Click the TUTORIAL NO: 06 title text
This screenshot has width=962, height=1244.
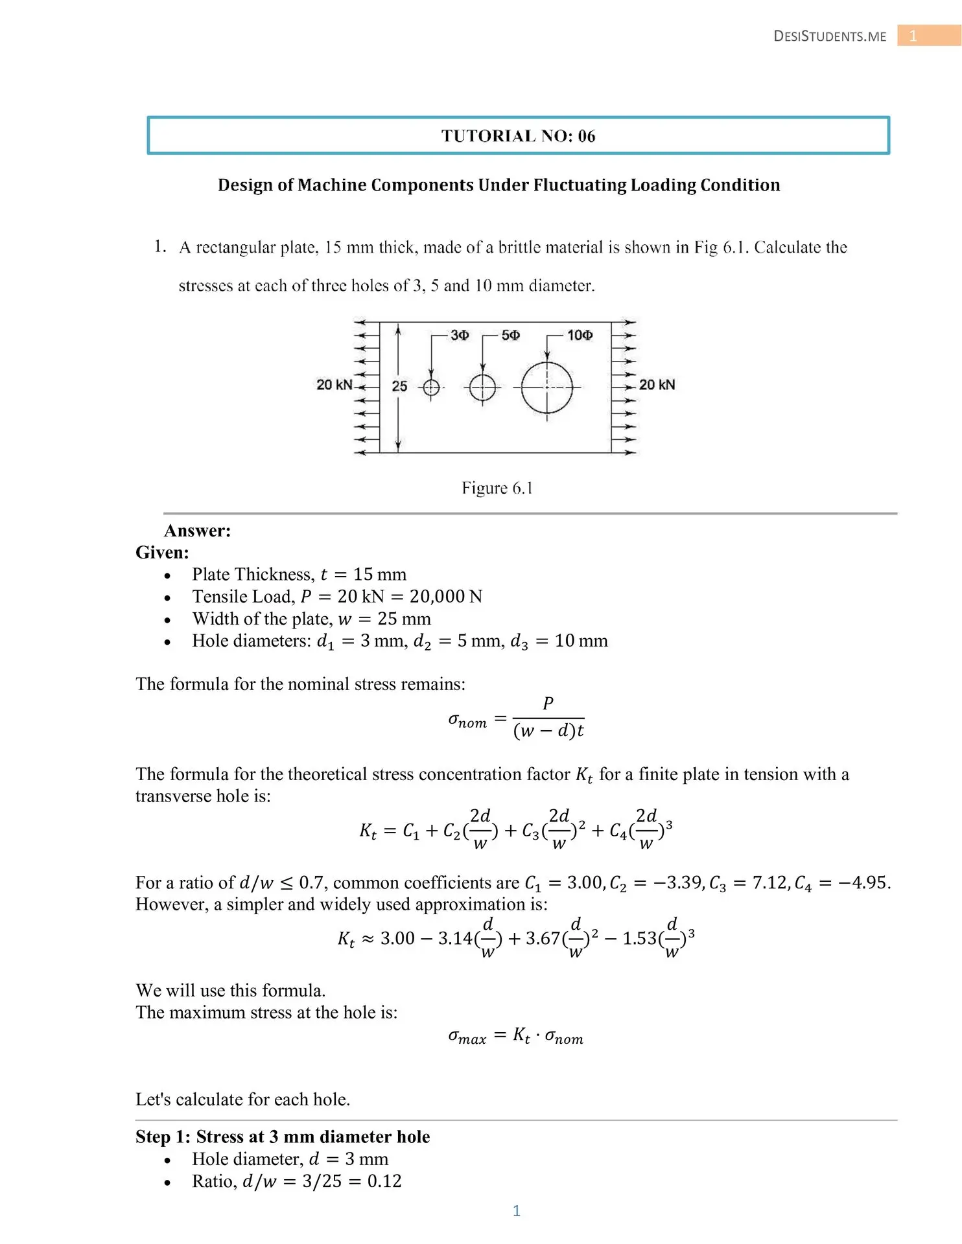[518, 136]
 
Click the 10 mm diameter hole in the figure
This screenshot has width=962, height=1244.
[547, 387]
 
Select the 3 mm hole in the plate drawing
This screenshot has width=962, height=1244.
[431, 387]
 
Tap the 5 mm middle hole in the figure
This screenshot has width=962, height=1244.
[482, 388]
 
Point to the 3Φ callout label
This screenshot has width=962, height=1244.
[460, 335]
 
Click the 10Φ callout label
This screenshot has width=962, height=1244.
[580, 335]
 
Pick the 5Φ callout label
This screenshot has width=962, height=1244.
[511, 335]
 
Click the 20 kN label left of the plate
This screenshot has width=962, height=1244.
[334, 385]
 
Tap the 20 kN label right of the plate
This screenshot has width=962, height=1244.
[657, 385]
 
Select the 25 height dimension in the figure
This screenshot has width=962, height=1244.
[399, 386]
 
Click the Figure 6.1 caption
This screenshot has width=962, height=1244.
[497, 488]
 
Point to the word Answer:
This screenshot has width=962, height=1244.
[198, 531]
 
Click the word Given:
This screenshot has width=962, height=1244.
[162, 553]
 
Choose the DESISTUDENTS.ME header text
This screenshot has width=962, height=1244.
[830, 36]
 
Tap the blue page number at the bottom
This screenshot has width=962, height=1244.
[517, 1211]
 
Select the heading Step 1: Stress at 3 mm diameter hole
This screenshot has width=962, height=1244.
[283, 1137]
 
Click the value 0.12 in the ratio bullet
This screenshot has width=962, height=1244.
[384, 1181]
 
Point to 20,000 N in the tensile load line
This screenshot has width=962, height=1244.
[445, 596]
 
